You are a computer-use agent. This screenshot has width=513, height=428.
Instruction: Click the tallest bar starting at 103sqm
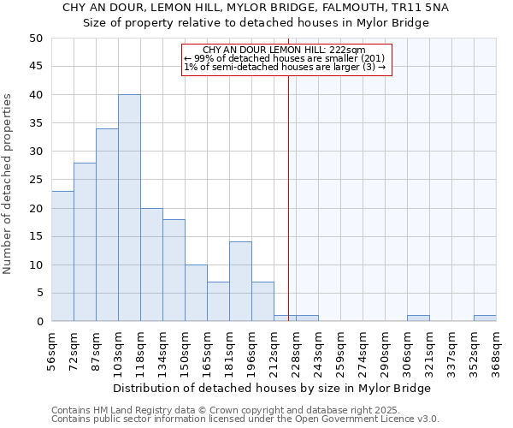[x=129, y=208]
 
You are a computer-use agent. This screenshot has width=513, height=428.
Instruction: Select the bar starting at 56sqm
[x=62, y=256]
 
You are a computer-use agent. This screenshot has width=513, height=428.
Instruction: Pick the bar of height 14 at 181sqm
[x=240, y=282]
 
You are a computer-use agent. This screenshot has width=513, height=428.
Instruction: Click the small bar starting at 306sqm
[x=418, y=318]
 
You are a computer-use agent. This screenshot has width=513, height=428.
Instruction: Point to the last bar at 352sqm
[x=485, y=318]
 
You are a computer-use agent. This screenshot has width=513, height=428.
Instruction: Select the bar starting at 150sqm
[x=196, y=293]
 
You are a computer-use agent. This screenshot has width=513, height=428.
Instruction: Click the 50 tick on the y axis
[x=35, y=39]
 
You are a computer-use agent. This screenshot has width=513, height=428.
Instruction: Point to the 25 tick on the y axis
[x=35, y=180]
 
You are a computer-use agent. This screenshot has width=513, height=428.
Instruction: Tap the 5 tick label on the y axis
[x=38, y=293]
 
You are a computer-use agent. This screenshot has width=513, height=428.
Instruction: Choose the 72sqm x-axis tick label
[x=75, y=346]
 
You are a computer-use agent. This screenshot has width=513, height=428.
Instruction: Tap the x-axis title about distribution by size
[x=272, y=388]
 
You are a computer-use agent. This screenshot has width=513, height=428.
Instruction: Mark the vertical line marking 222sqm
[x=288, y=214]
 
